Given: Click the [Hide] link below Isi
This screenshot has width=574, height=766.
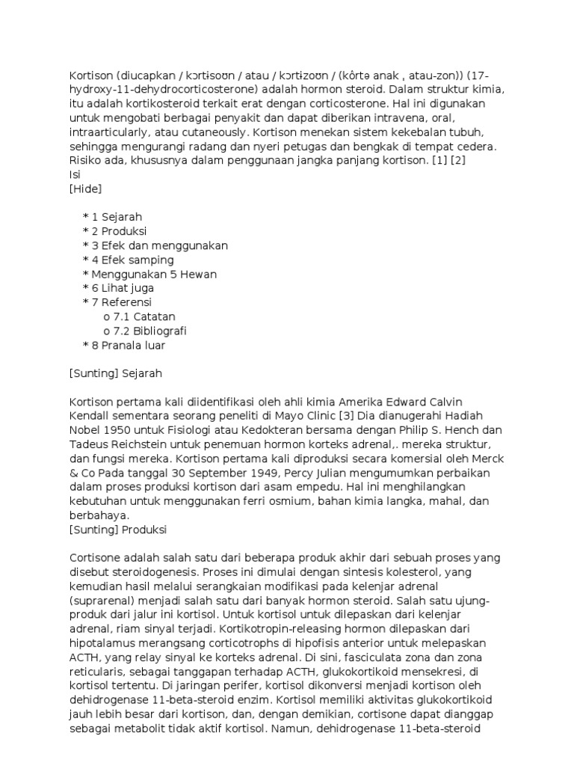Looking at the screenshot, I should point(85,189).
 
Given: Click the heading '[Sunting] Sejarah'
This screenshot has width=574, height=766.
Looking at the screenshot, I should point(115,373).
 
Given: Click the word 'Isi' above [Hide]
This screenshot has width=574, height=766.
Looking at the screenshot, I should point(74,174).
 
